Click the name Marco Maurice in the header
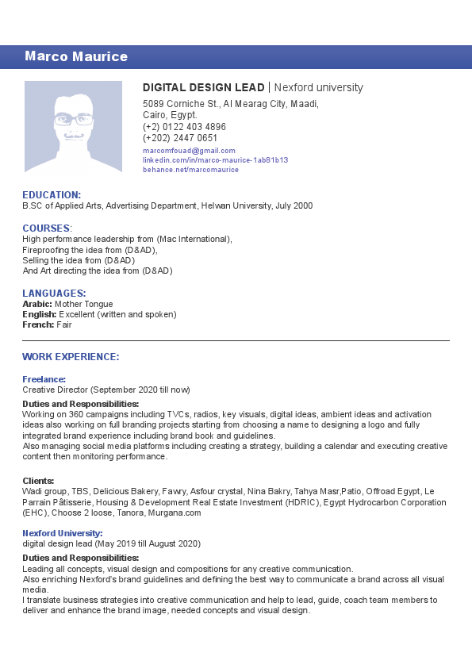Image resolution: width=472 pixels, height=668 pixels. coord(76,56)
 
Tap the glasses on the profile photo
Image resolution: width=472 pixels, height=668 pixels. coord(74,120)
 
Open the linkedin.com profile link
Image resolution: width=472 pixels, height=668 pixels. coord(215,159)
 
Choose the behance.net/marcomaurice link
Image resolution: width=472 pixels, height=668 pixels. coord(190,170)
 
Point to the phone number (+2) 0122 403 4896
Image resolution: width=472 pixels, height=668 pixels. coord(184,127)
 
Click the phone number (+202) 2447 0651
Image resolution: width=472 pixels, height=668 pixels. coord(180,138)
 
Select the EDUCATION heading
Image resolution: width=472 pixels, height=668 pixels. coord(52,194)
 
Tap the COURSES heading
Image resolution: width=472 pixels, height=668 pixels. coord(47,228)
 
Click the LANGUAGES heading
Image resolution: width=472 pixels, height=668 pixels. coord(54,293)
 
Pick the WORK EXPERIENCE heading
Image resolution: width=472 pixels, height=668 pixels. coord(71,357)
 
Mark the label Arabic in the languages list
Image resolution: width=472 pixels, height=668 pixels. coord(37,304)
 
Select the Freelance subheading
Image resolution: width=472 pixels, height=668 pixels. coord(44,379)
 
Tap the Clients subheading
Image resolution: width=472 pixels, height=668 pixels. coord(38,481)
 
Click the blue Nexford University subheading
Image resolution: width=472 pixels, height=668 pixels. coord(62,533)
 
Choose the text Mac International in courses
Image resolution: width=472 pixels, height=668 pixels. coord(194,239)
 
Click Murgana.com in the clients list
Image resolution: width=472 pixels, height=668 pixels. coord(175,513)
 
